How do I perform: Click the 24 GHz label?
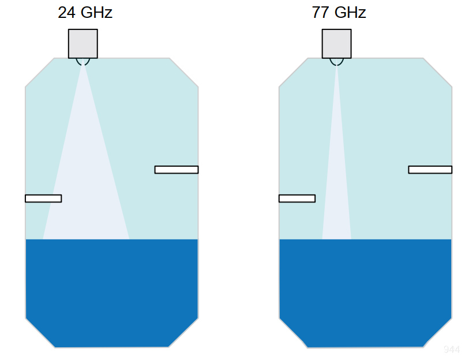[x=85, y=13]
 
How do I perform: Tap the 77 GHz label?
[x=339, y=13]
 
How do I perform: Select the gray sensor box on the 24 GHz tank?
[x=83, y=43]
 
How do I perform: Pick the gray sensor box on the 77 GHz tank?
[x=336, y=43]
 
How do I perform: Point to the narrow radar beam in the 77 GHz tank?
[x=336, y=190]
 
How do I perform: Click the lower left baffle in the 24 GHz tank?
[x=43, y=198]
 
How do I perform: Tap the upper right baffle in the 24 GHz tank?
[x=177, y=170]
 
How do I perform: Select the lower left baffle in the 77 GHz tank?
[x=297, y=198]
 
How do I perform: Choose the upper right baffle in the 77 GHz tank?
[x=430, y=170]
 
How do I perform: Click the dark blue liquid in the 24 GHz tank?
[x=112, y=288]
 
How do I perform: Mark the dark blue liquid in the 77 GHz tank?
[x=366, y=288]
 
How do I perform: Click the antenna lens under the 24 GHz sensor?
[x=83, y=61]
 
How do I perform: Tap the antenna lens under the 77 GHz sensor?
[x=336, y=61]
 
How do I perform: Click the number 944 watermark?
[x=452, y=350]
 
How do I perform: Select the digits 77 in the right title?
[x=320, y=13]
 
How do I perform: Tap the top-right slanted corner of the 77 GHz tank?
[x=438, y=72]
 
